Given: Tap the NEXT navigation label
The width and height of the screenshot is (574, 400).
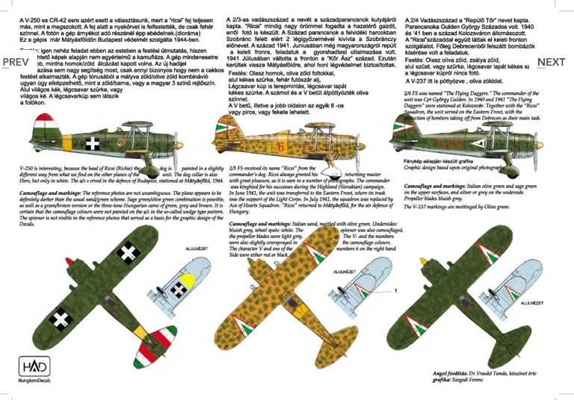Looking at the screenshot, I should coord(552,62).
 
